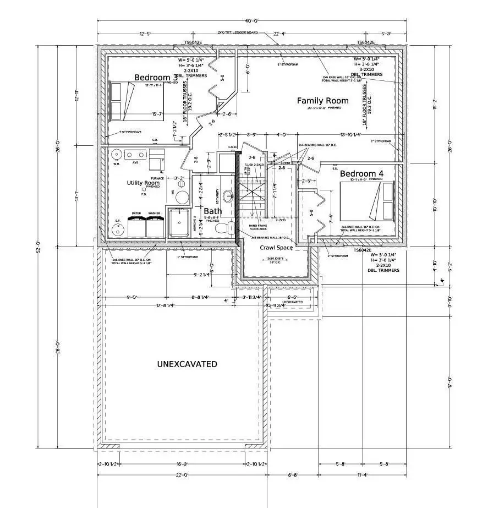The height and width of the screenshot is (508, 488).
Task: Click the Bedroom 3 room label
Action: click(156, 78)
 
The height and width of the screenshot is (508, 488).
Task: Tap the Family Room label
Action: click(322, 101)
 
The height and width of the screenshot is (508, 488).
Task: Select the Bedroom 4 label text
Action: click(361, 174)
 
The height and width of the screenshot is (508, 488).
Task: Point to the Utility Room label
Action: click(143, 183)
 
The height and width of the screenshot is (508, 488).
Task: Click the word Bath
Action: click(213, 211)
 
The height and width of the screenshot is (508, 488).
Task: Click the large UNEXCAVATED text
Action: click(187, 364)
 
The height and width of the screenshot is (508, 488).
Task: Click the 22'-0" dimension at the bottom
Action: click(182, 474)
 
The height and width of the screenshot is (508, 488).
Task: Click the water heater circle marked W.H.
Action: click(116, 155)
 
